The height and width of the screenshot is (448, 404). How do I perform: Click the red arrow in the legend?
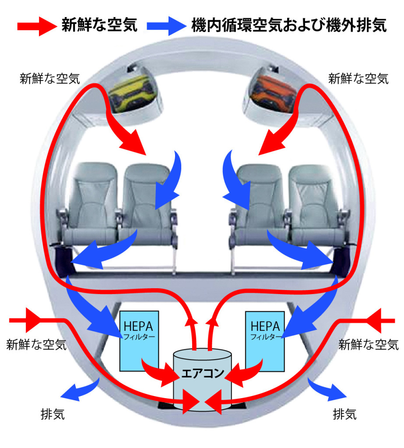(x=37, y=26)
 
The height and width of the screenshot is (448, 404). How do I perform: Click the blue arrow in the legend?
(x=167, y=26)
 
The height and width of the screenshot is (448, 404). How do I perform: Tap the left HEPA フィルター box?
(x=139, y=341)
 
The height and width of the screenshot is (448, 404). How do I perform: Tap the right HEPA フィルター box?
(x=265, y=341)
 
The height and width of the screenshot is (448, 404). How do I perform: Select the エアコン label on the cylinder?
(x=202, y=373)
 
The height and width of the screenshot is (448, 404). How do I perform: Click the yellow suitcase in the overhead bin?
(x=133, y=93)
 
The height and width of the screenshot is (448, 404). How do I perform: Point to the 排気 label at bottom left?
(x=53, y=414)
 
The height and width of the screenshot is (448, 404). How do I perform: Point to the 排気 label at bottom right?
(x=344, y=414)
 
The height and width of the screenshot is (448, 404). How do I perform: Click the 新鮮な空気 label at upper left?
(x=49, y=79)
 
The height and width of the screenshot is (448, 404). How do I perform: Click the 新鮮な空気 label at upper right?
(x=358, y=79)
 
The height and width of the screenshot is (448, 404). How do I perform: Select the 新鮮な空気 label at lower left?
(x=36, y=345)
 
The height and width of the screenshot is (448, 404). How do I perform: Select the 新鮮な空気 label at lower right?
(x=368, y=345)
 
